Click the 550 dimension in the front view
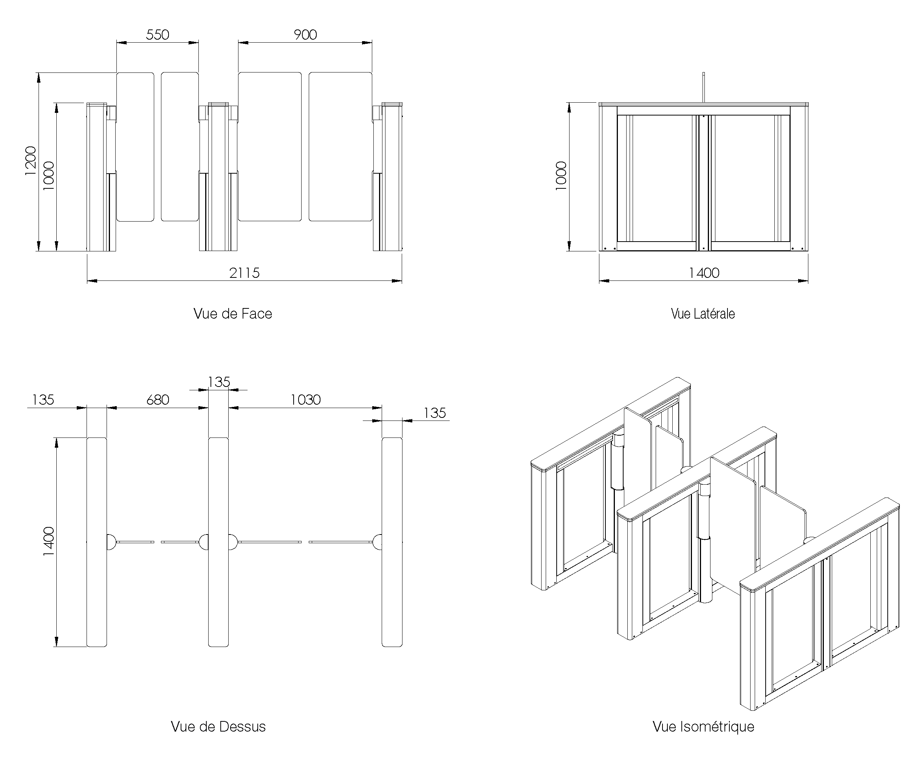158,35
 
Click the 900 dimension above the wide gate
305,35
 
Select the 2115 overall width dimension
245,273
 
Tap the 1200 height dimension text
30,161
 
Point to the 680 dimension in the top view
158,400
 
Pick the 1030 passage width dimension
305,400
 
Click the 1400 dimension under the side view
704,273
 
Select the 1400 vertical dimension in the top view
49,541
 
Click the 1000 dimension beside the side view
561,176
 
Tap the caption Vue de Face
232,314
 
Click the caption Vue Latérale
703,314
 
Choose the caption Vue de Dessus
218,727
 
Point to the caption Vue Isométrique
703,727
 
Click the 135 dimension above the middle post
219,382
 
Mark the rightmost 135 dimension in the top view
434,413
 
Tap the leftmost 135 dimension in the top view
43,400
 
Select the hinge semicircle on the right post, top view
377,542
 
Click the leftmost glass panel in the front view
135,147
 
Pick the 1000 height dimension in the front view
49,176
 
